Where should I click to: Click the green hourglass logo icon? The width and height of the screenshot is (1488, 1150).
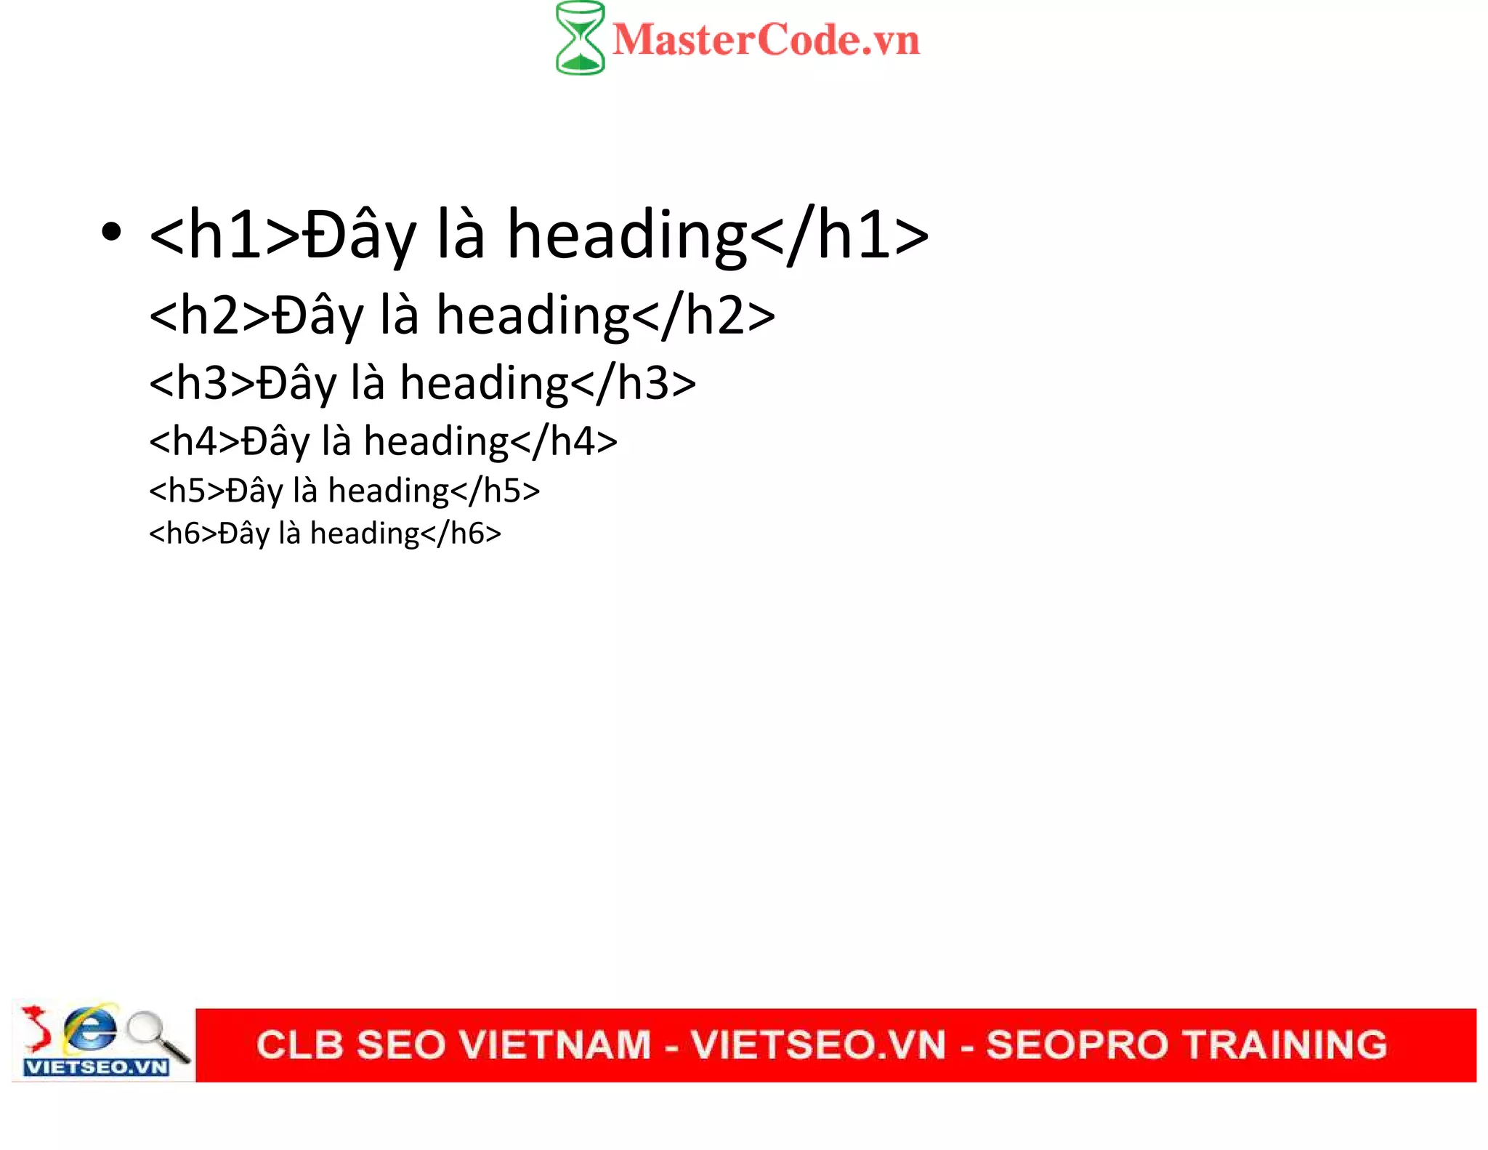click(580, 38)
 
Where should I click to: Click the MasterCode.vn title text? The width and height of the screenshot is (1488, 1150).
click(766, 40)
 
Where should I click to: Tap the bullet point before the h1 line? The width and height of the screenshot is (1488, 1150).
click(111, 233)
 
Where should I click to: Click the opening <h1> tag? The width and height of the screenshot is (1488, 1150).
click(225, 235)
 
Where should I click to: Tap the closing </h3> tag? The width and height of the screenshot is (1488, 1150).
click(634, 383)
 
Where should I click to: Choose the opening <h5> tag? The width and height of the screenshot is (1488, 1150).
click(187, 491)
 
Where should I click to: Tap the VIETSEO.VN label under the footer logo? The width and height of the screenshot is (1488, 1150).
click(97, 1067)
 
